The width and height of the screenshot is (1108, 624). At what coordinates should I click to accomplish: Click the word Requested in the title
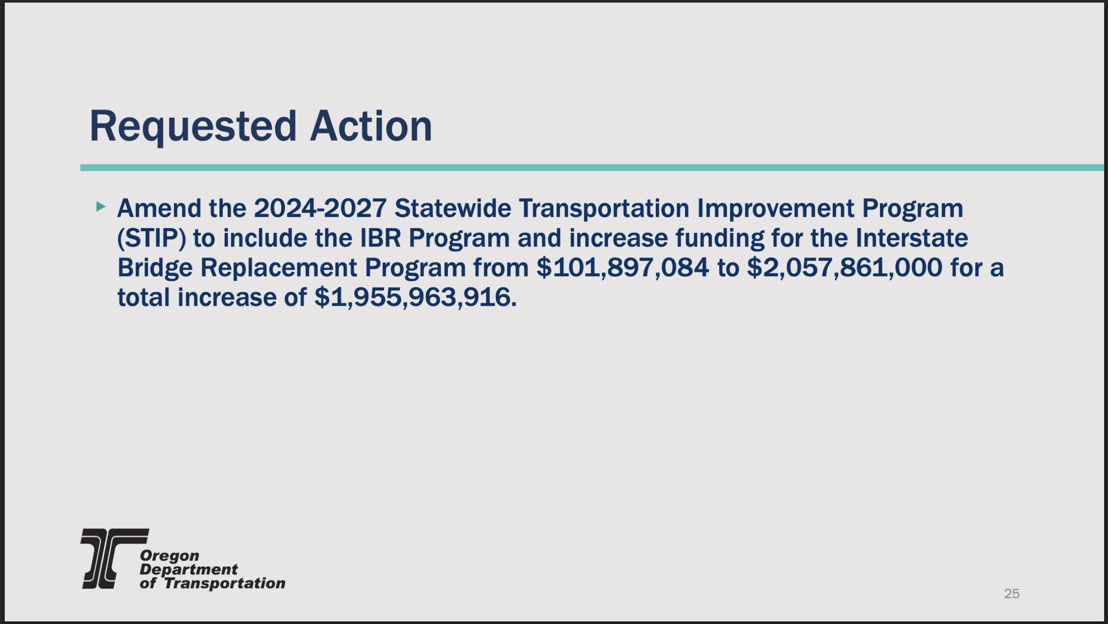(x=193, y=126)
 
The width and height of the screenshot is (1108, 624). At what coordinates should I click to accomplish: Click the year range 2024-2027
(x=320, y=208)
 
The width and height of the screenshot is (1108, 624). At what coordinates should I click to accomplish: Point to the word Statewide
(x=453, y=208)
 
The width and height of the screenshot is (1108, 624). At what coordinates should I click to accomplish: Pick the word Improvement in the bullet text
(x=775, y=208)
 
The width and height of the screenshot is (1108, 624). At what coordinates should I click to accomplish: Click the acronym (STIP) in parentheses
(x=151, y=239)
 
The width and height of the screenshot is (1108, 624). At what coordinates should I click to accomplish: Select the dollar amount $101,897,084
(x=623, y=268)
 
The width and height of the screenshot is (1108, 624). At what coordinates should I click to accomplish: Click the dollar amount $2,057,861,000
(x=845, y=268)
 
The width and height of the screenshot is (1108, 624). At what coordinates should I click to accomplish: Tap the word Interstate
(x=912, y=238)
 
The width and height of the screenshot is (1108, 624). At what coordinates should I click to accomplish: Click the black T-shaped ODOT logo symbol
(x=114, y=559)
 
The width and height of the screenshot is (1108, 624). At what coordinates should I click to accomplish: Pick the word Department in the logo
(x=189, y=570)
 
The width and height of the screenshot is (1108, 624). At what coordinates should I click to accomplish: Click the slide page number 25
(x=1012, y=594)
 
